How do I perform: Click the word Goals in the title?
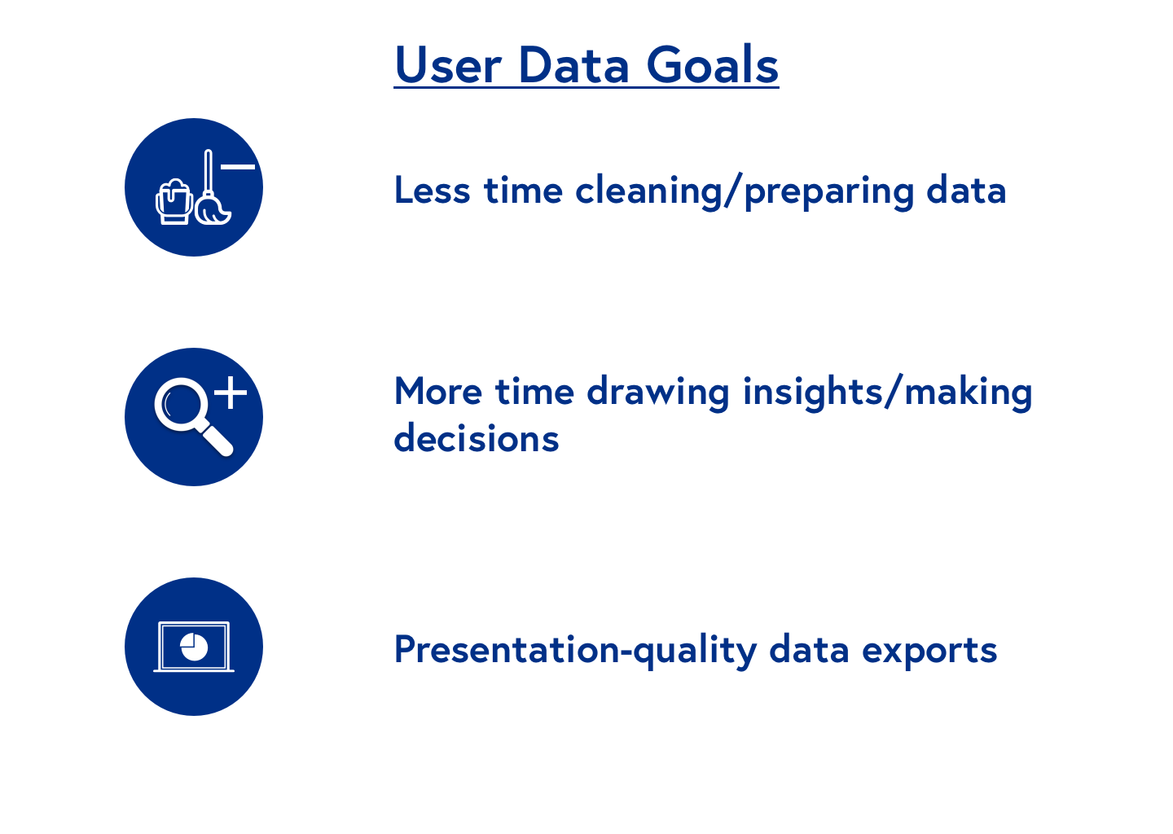coord(713,65)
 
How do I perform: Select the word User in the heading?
coord(448,65)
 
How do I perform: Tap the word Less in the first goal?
coord(432,190)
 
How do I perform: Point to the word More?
coord(438,391)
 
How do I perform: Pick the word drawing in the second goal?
coord(657,392)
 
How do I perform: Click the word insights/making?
coord(888,392)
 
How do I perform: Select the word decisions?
coord(477,437)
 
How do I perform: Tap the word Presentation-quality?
coord(576,650)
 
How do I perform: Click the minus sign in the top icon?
coord(238,167)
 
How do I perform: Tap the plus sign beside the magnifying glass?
coord(231,392)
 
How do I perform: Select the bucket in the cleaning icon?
coord(174,202)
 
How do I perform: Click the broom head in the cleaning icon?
coord(213,210)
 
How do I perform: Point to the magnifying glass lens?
coord(178,404)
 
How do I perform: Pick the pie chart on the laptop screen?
coord(194,647)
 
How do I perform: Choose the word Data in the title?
coord(574,65)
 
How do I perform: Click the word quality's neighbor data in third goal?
coord(809,650)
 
